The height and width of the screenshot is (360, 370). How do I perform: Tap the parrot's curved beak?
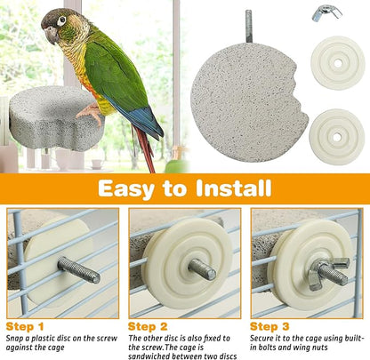click(x=49, y=34)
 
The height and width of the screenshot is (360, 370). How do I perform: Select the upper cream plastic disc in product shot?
click(x=338, y=61)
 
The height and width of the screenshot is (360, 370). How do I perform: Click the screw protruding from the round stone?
click(x=249, y=25)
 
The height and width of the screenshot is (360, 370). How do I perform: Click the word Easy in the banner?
click(x=138, y=188)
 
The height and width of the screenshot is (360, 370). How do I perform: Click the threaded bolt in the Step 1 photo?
click(x=79, y=268)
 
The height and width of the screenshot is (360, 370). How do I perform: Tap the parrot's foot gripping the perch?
click(x=89, y=112)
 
